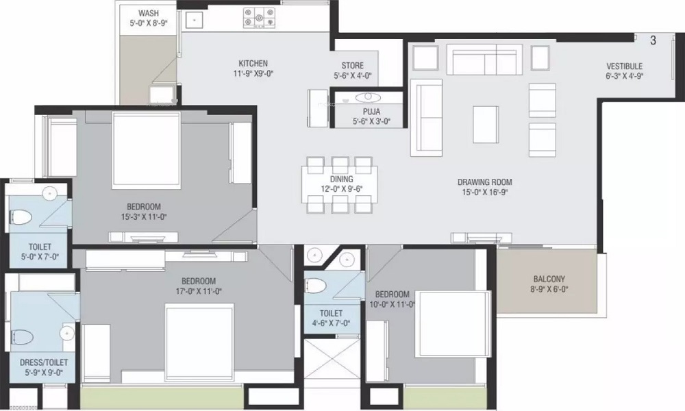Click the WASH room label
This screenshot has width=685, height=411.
pos(148,13)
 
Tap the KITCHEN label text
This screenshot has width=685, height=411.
pos(248,64)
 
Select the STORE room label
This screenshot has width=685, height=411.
pos(353,65)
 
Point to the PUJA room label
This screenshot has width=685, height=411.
pos(371,111)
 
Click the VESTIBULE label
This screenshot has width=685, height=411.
pos(624,66)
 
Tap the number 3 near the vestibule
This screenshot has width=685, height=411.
pos(653,40)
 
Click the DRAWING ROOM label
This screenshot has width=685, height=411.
pos(485,182)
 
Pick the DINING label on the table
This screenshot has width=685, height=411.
pos(340,179)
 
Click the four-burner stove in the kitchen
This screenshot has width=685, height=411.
pos(259,18)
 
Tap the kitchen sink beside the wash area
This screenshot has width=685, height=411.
pos(195,20)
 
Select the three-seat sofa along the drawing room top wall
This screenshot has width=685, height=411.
pos(485,60)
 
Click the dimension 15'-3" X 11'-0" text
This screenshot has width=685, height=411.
pos(143,217)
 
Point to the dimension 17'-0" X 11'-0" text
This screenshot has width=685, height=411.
pos(199,291)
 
